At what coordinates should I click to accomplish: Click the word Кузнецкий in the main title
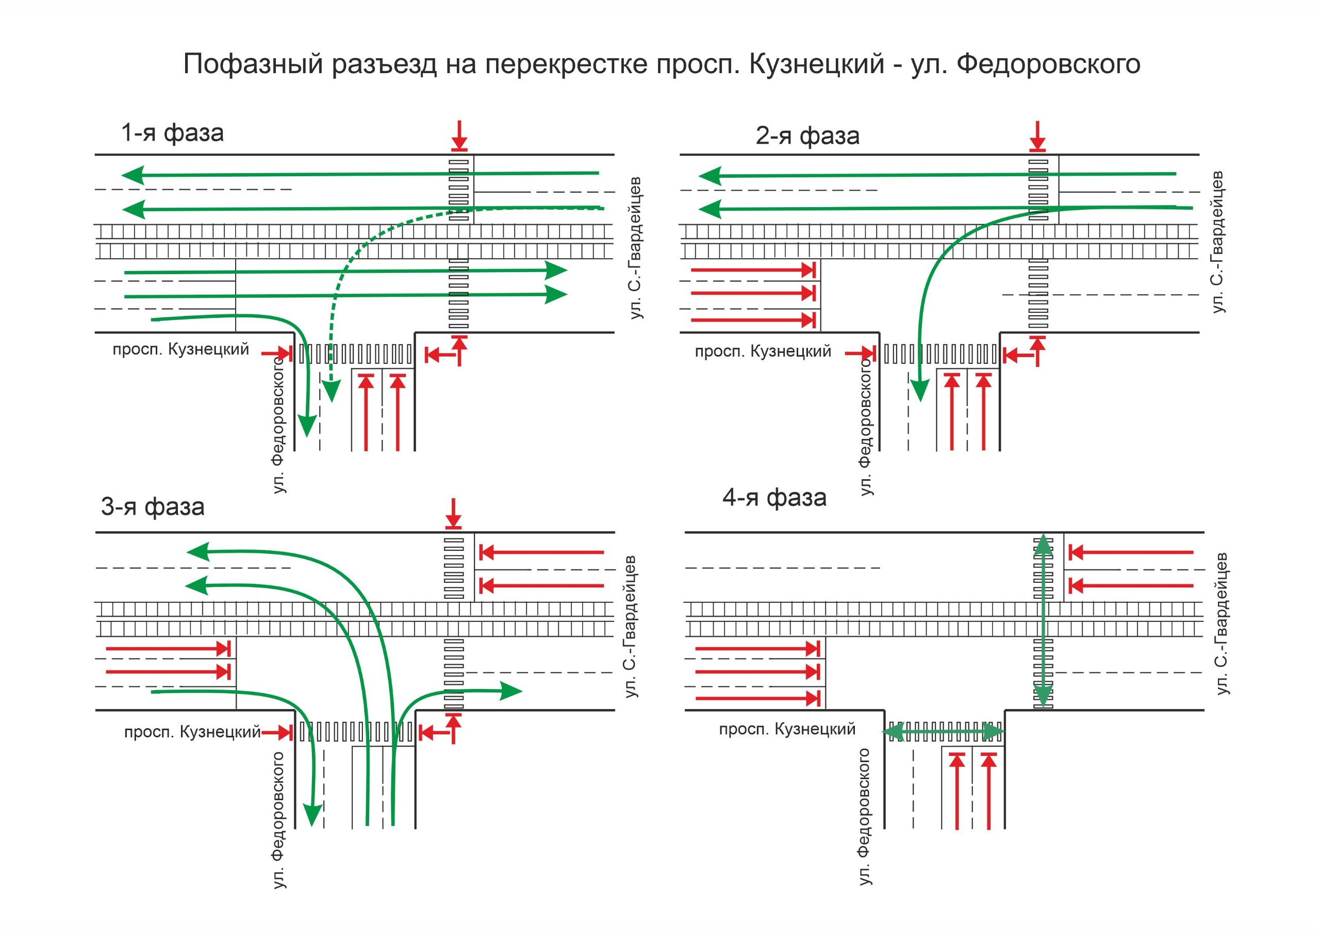click(x=816, y=64)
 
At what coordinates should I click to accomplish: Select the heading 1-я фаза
click(x=172, y=133)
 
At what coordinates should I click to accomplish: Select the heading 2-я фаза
click(x=807, y=136)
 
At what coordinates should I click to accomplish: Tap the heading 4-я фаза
click(x=774, y=498)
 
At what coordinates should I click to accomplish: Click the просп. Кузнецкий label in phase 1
click(x=180, y=349)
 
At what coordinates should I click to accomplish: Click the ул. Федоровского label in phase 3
click(x=279, y=820)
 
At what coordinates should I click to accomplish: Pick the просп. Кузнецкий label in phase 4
click(x=787, y=729)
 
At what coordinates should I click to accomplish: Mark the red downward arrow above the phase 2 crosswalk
click(x=1037, y=136)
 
